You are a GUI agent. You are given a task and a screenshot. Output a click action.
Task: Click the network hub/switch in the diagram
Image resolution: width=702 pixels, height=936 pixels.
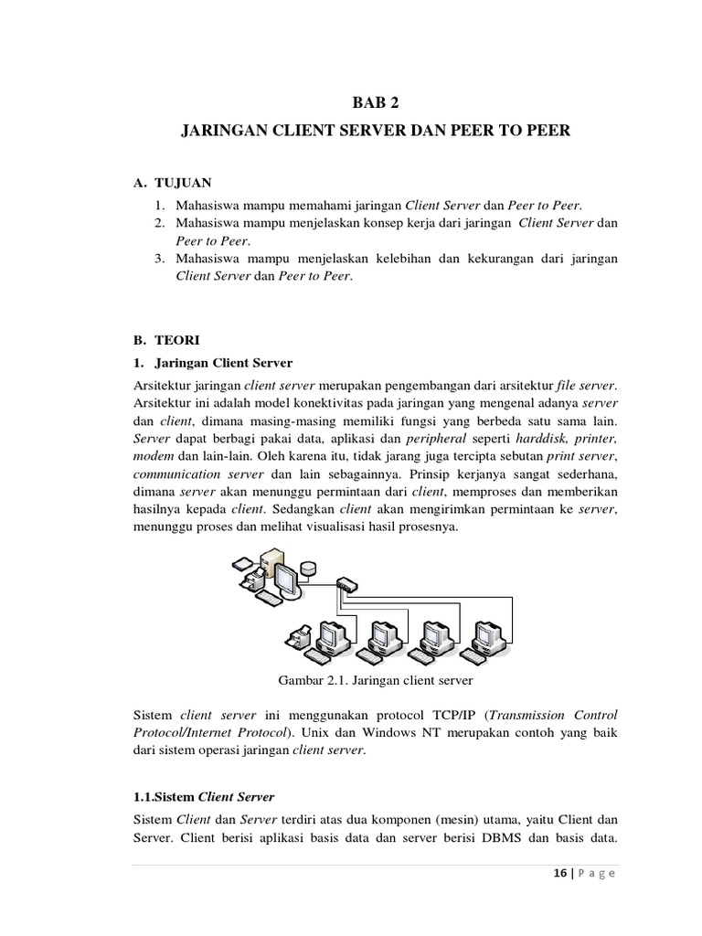click(x=348, y=582)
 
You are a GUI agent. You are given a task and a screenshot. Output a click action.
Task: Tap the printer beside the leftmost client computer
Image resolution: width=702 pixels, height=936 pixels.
click(x=298, y=638)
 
